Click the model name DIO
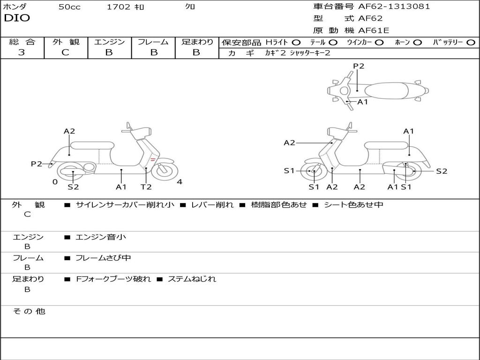(x=17, y=18)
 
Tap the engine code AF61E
(x=374, y=30)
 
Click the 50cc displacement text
(x=69, y=7)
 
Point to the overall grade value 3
(x=22, y=52)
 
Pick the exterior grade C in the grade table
(x=65, y=52)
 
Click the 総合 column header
(x=22, y=42)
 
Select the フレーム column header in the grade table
(x=153, y=42)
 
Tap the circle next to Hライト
(x=296, y=43)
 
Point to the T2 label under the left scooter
(x=146, y=187)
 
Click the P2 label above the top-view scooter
(x=359, y=66)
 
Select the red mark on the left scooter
(x=153, y=160)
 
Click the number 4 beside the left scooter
(x=180, y=182)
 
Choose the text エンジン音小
(x=101, y=237)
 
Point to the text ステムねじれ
(x=192, y=279)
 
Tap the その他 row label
(x=29, y=311)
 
